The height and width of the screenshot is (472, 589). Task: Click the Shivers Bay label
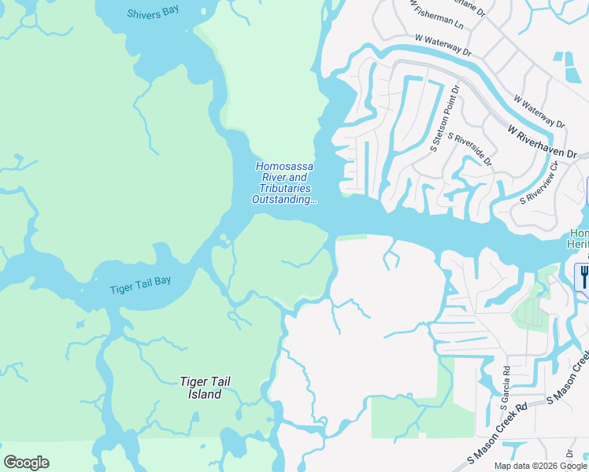coord(154,13)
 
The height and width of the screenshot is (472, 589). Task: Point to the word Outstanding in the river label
coord(283,200)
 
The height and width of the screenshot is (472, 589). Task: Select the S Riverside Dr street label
coord(469,149)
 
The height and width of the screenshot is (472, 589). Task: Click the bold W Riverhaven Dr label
coord(543,141)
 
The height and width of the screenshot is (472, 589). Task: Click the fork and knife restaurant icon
coord(583,276)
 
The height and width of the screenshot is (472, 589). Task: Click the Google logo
coord(26,462)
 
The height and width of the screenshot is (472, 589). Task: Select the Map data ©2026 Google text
coord(540,466)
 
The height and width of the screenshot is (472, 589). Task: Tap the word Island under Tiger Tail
coord(206,394)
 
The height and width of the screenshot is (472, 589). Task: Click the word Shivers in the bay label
coord(144,13)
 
